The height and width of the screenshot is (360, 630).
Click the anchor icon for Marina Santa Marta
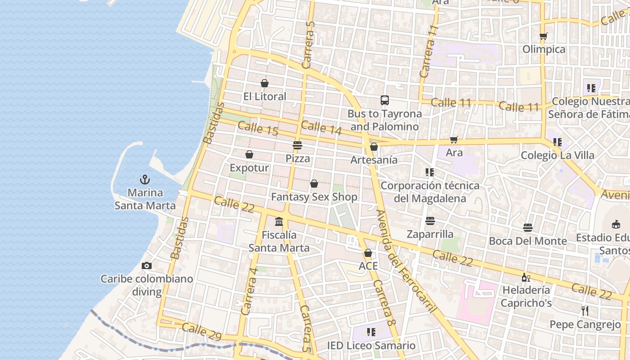pos(144,180)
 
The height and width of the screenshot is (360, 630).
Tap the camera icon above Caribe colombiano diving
pos(146,266)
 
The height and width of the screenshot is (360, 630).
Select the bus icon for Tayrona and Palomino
pos(384,100)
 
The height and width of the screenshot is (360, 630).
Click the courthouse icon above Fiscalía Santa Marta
pos(279,221)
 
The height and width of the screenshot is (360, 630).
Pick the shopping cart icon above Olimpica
pos(544,36)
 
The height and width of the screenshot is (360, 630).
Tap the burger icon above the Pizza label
pos(297,145)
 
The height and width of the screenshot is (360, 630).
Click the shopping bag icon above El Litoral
pos(265,83)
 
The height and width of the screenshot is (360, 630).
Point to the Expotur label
pos(249,168)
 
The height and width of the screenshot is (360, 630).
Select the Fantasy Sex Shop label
pos(314,197)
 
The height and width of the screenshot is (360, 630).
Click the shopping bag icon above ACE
pos(368,253)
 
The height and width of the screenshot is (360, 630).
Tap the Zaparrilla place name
pos(430,234)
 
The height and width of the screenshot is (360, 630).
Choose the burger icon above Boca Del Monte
pos(528,228)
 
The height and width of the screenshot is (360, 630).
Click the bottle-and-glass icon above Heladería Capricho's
pos(526,277)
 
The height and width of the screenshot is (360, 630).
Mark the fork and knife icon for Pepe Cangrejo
pos(585,310)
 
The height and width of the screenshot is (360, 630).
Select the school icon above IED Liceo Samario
pos(371,332)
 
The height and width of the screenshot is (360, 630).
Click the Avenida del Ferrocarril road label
pos(406,261)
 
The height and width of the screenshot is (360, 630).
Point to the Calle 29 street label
pos(202,331)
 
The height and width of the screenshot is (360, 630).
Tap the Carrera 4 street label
pos(249,291)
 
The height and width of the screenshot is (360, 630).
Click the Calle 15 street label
pos(258,129)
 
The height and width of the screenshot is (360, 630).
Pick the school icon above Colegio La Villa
pos(558,142)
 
